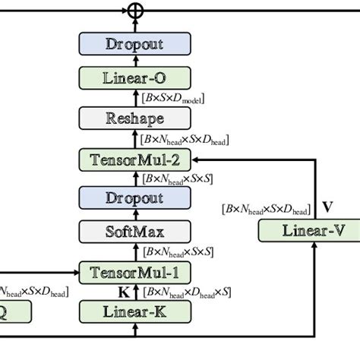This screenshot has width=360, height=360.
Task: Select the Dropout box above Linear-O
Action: click(134, 45)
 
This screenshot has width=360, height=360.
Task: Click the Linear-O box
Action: click(134, 78)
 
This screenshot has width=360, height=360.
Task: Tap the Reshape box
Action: click(134, 119)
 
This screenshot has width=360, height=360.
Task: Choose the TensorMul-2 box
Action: click(134, 159)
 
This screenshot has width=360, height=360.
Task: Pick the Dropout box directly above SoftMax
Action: click(134, 198)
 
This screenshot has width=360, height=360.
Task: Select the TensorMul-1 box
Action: click(134, 272)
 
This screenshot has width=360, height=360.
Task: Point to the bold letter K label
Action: click(122, 291)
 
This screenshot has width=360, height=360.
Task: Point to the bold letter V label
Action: click(327, 206)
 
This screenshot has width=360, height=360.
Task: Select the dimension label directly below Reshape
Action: click(185, 139)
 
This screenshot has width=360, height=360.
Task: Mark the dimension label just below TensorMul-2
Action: click(177, 179)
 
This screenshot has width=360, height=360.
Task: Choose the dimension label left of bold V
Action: click(266, 209)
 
